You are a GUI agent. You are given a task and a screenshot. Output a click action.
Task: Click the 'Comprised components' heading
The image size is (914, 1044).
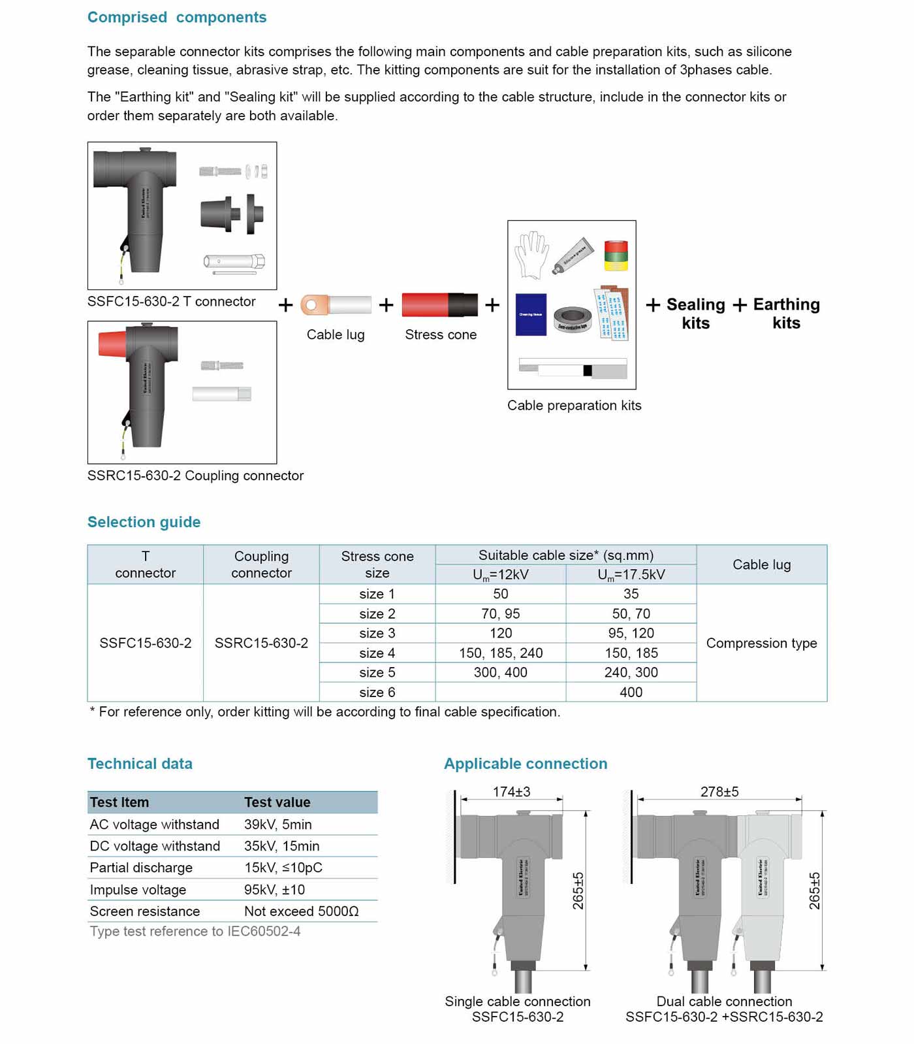click(177, 18)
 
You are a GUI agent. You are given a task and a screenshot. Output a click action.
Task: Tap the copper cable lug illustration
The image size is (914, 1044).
click(335, 305)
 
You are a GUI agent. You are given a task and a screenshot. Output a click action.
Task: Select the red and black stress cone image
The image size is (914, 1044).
click(439, 305)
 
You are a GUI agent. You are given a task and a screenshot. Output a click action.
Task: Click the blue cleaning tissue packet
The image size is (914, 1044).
click(530, 314)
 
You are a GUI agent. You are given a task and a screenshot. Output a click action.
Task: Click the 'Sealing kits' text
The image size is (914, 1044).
click(695, 314)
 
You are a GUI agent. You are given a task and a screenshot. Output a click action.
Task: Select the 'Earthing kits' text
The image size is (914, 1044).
click(786, 314)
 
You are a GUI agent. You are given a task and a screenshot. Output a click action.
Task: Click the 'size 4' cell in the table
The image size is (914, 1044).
click(377, 653)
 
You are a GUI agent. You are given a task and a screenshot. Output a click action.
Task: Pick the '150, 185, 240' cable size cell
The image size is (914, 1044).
click(500, 653)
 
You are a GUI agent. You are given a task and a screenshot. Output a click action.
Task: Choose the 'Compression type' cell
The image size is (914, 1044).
click(761, 643)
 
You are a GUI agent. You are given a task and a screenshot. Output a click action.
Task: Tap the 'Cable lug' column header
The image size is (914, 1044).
click(761, 564)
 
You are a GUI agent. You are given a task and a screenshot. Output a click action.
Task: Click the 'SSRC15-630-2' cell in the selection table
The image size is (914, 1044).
click(261, 643)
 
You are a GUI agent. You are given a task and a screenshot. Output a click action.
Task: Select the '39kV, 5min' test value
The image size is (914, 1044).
click(278, 824)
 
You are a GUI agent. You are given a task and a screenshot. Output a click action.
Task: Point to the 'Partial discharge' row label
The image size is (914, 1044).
click(141, 868)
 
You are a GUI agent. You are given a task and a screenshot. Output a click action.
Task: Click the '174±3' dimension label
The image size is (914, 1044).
click(511, 792)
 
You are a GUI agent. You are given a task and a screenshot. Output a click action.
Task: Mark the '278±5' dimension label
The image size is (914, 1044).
click(719, 792)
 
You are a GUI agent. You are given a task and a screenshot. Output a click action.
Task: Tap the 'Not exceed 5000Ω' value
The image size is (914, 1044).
click(302, 911)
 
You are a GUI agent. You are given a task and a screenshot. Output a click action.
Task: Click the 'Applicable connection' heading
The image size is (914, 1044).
click(526, 764)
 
